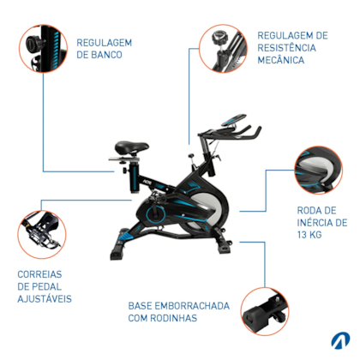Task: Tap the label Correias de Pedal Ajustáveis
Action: [44, 287]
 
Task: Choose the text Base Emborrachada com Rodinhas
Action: [174, 311]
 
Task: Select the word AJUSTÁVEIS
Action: [44, 300]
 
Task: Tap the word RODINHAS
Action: [183, 318]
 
